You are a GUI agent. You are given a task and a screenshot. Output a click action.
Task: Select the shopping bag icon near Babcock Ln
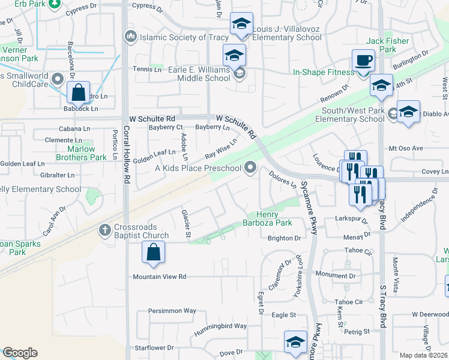pos(78,94)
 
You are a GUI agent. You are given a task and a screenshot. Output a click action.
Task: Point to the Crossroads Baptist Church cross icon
pos(105,229)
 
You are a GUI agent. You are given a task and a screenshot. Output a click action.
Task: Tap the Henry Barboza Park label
pos(274,218)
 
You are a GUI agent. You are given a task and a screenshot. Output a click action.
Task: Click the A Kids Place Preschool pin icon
pos(250,168)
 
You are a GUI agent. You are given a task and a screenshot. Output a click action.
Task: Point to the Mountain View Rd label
pos(160,277)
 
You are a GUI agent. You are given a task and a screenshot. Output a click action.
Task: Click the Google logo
pos(20,353)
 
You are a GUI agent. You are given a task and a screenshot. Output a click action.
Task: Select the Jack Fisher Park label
pos(388,45)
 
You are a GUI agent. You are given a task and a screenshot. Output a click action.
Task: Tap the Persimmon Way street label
pos(173,311)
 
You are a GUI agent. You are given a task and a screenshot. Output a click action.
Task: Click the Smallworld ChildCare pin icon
pos(58,78)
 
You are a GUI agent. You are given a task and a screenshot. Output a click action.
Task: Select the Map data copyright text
pos(424,355)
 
